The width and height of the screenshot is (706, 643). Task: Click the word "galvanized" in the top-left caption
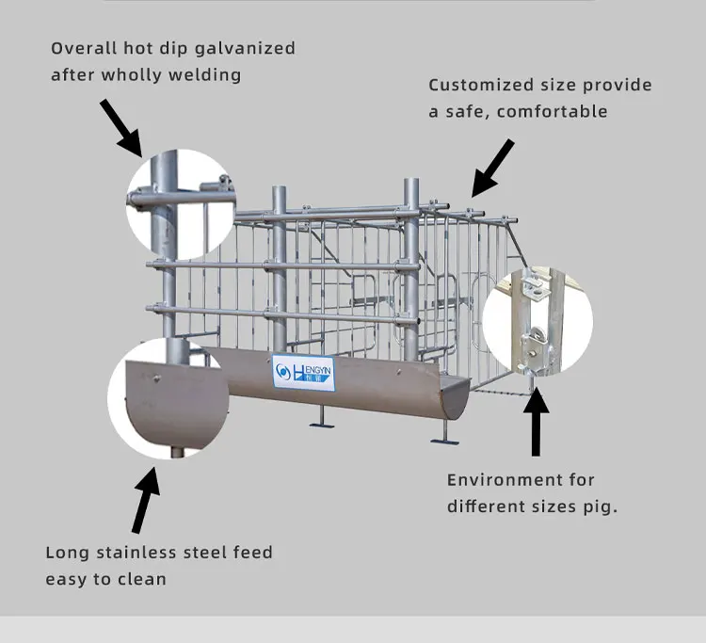[x=245, y=49]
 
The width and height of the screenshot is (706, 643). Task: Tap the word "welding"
[x=204, y=74]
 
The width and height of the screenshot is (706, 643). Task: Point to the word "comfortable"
[x=552, y=111]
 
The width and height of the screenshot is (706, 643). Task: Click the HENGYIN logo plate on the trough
[x=303, y=373]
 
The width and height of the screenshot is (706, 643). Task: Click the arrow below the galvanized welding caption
[x=121, y=128]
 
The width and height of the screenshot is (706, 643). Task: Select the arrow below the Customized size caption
[x=492, y=168]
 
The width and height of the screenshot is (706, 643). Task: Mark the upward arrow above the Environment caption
[x=536, y=422]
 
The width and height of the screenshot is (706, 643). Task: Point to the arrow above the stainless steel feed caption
[x=146, y=500]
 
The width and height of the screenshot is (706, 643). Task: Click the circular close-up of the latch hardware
[x=538, y=321]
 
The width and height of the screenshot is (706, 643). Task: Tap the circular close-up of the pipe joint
[x=181, y=204]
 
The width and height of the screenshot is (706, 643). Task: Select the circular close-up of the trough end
[x=168, y=398]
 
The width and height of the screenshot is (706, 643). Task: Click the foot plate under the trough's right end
[x=445, y=442]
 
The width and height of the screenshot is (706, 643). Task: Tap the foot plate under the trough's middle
[x=322, y=425]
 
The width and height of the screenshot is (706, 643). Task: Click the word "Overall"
[x=84, y=48]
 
